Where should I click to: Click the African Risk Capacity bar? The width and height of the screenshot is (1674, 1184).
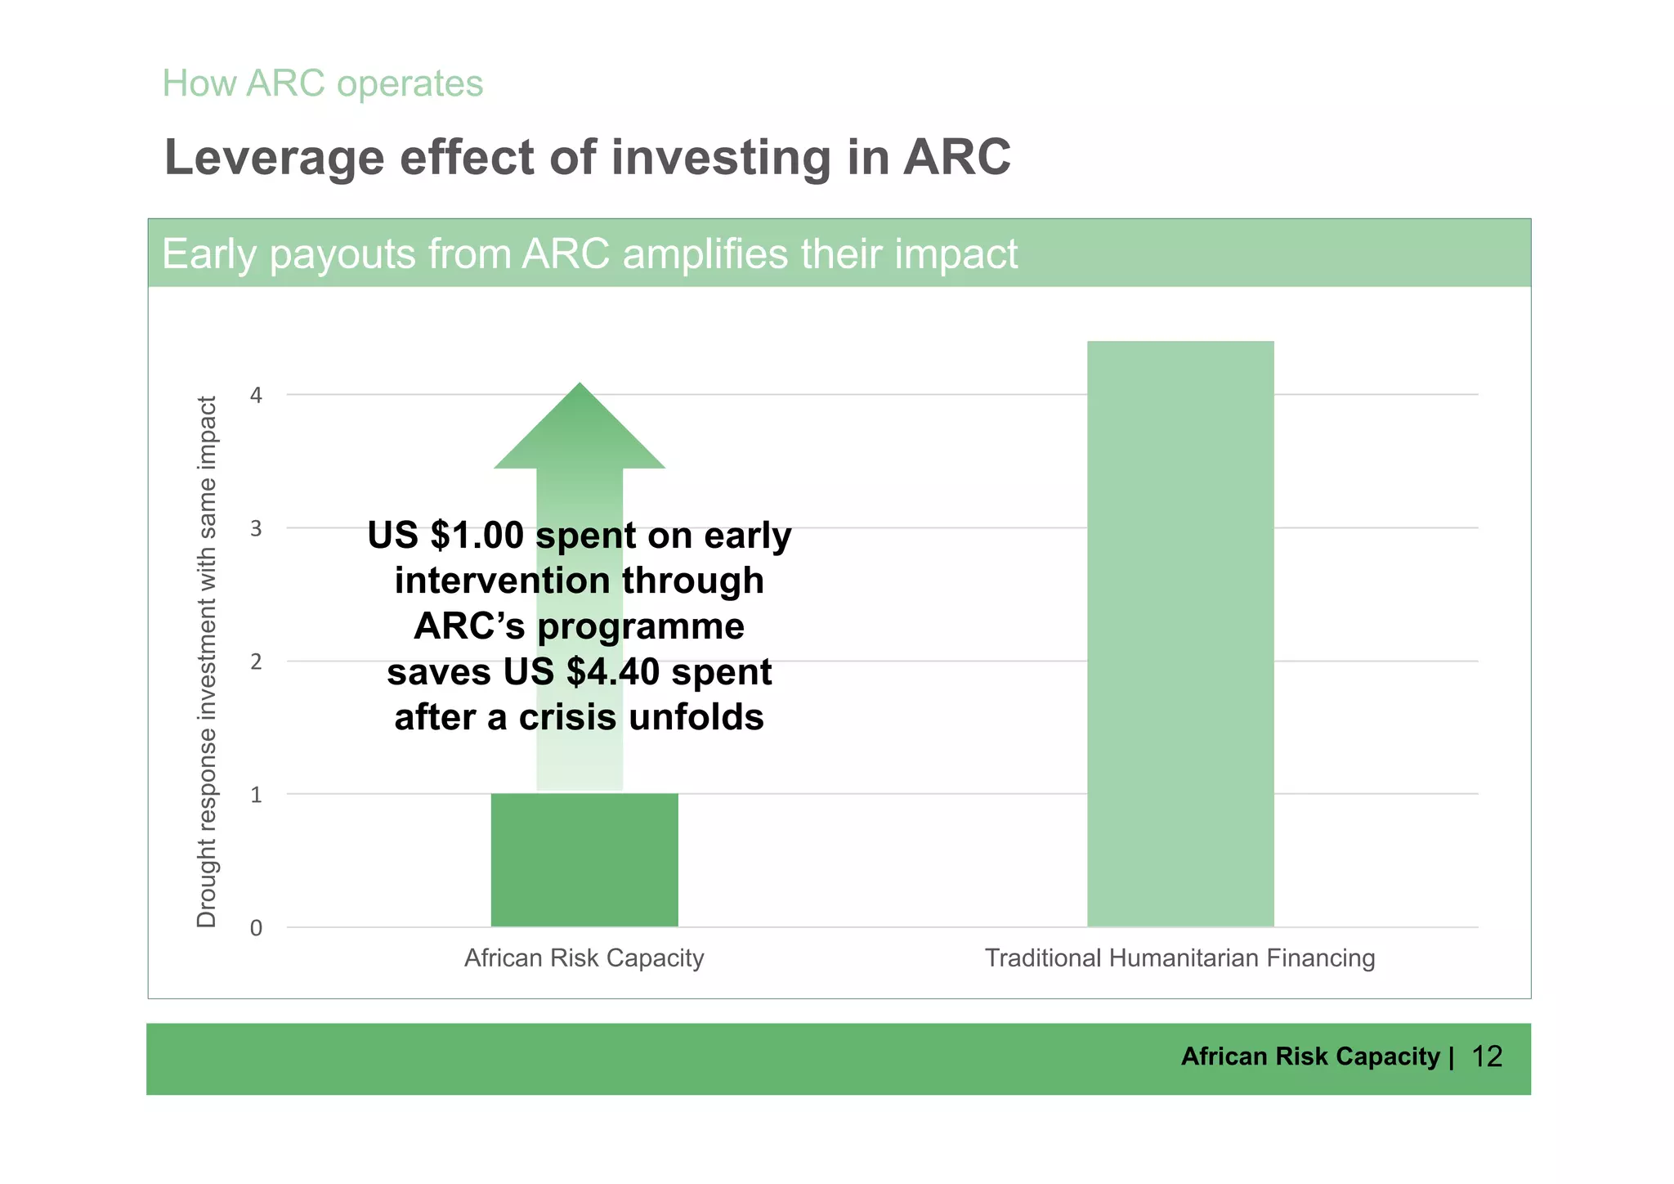coord(584,859)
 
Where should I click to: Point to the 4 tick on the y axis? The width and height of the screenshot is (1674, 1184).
coord(257,396)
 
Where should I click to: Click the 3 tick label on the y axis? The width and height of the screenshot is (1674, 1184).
coord(257,529)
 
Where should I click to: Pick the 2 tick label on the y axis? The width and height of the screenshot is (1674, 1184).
coord(257,662)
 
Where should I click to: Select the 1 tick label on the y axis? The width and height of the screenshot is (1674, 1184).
coord(257,795)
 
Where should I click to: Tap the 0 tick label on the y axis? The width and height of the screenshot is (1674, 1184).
coord(257,928)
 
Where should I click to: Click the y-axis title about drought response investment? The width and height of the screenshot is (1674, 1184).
coord(207,662)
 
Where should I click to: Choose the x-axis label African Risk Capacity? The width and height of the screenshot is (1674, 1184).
coord(584,958)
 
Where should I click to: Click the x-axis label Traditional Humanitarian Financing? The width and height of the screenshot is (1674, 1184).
coord(1179,958)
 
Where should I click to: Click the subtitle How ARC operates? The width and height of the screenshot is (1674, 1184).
coord(323,83)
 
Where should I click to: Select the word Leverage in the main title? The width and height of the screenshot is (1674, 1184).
coord(274,158)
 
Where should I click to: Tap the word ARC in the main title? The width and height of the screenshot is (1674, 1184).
coord(956,157)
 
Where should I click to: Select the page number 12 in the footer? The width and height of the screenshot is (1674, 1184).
coord(1486,1057)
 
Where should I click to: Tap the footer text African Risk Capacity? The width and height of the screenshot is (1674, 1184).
coord(1309,1057)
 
